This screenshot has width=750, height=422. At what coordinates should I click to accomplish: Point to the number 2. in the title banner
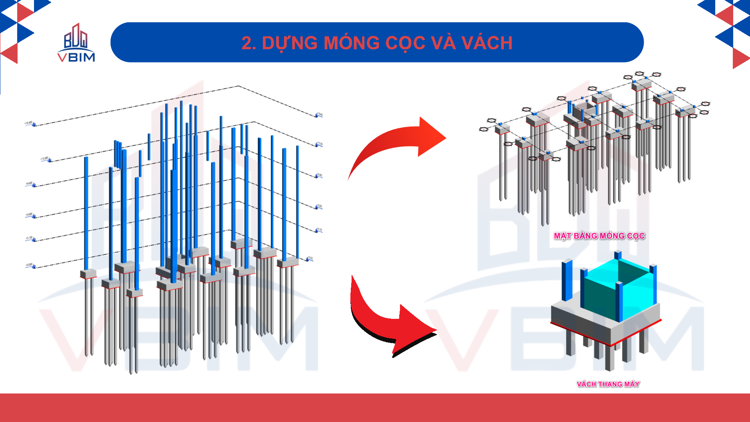(x=248, y=43)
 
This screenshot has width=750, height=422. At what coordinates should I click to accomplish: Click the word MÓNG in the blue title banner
(x=351, y=43)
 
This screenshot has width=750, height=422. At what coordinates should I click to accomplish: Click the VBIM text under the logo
(x=76, y=57)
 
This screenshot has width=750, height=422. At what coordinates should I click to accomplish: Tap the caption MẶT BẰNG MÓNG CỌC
(x=599, y=236)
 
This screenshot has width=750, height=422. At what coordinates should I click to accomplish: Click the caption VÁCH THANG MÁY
(x=608, y=384)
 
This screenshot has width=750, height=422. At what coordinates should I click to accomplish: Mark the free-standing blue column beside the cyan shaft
(x=567, y=279)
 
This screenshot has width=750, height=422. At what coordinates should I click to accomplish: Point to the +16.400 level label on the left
(x=29, y=123)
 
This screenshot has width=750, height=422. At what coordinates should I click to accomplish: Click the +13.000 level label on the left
(x=45, y=159)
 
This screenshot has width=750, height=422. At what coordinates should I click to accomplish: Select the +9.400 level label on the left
(x=29, y=183)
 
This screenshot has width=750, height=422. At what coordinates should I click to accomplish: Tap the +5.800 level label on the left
(x=29, y=215)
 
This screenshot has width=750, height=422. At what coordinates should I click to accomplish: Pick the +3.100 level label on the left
(x=29, y=238)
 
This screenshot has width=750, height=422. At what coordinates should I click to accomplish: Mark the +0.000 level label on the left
(x=29, y=265)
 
